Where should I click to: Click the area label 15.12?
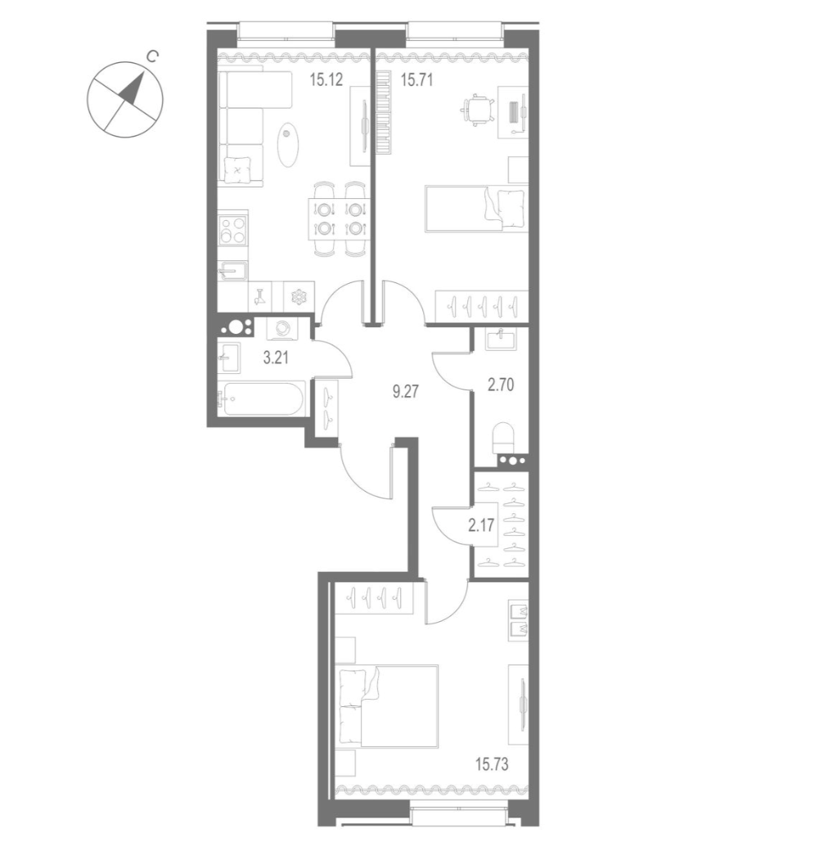pos(326,80)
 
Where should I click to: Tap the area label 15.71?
pos(416,80)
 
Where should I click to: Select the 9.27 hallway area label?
pos(406,391)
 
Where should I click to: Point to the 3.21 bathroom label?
pos(275,358)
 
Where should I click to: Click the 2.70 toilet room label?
pos(501,385)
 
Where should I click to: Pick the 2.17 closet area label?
pos(481,525)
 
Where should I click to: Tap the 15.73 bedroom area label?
pos(492,764)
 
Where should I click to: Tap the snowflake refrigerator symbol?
pos(299,297)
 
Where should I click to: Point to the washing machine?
pos(281,329)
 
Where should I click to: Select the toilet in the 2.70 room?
pos(502,437)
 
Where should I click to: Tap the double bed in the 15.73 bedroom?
pos(387,707)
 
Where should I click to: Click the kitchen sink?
pos(232,271)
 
